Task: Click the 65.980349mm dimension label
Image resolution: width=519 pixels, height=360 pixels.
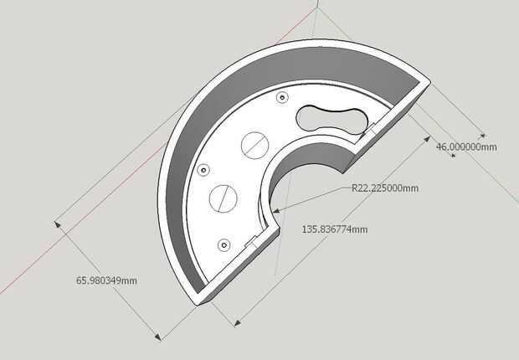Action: (x=106, y=280)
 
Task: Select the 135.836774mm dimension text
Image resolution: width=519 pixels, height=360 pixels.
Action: (x=335, y=229)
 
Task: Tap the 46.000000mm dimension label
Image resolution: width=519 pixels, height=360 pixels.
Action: (x=466, y=147)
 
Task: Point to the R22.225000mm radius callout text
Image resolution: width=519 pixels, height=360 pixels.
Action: (x=384, y=188)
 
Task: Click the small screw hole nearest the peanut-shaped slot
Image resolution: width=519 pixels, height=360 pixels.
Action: (x=282, y=98)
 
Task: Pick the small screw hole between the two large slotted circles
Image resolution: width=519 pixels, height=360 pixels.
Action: (x=203, y=171)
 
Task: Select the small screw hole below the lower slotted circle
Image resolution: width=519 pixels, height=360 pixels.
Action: (x=224, y=245)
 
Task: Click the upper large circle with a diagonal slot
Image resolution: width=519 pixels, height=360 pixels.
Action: (x=254, y=146)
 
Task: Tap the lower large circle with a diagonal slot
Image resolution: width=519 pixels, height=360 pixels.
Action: (x=224, y=198)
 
